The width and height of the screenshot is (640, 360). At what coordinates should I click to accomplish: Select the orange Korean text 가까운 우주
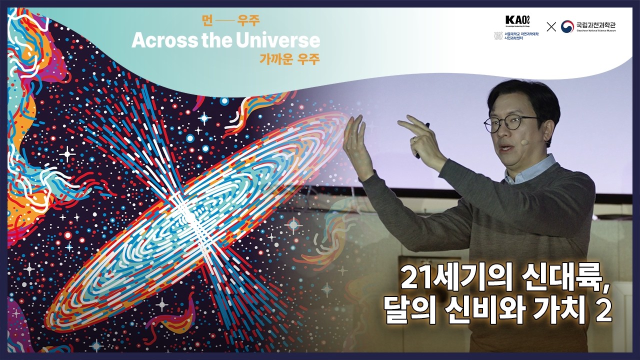pyautogui.click(x=289, y=58)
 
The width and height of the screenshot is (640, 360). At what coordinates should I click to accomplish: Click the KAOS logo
pyautogui.click(x=517, y=20)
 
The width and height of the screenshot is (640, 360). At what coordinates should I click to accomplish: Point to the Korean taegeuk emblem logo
pyautogui.click(x=567, y=26)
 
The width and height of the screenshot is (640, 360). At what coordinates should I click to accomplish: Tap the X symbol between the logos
pyautogui.click(x=551, y=27)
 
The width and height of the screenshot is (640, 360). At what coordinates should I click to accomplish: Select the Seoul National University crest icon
pyautogui.click(x=498, y=36)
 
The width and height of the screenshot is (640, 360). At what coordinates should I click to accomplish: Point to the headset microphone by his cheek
pyautogui.click(x=524, y=142)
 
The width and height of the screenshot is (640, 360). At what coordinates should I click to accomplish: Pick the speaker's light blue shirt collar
pyautogui.click(x=530, y=170)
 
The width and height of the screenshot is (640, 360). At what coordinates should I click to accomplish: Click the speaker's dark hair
pyautogui.click(x=525, y=95)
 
